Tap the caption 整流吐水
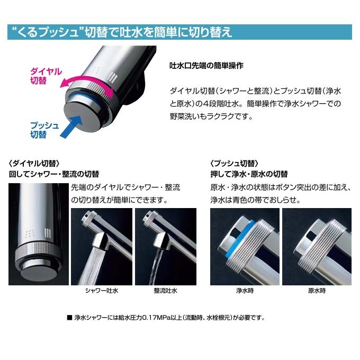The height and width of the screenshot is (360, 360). click(x=165, y=291)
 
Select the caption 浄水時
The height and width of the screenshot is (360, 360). click(x=243, y=291)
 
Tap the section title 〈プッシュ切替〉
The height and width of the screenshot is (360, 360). click(x=235, y=163)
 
